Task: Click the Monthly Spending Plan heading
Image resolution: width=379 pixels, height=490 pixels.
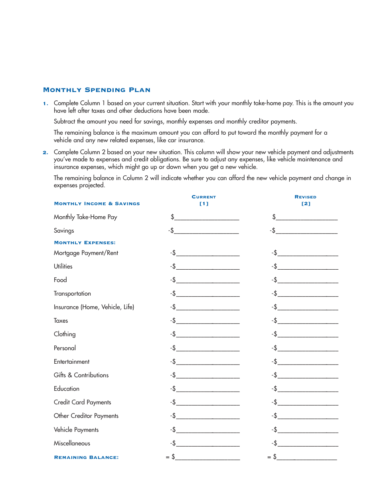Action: pyautogui.click(x=97, y=90)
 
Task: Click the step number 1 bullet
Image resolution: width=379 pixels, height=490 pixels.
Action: pyautogui.click(x=45, y=104)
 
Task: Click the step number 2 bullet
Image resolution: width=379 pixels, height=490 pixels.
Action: pyautogui.click(x=45, y=152)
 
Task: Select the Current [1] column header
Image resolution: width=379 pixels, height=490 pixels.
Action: pyautogui.click(x=204, y=200)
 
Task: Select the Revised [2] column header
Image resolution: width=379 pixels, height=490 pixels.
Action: pyautogui.click(x=306, y=200)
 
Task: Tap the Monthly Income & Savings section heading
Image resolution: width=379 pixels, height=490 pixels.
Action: pyautogui.click(x=97, y=204)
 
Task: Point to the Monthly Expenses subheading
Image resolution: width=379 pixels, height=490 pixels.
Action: pyautogui.click(x=85, y=243)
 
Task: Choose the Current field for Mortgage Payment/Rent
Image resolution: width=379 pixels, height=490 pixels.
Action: pyautogui.click(x=208, y=253)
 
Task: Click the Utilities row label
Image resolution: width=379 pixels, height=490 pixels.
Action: pyautogui.click(x=63, y=267)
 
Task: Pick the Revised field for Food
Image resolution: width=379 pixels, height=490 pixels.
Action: pyautogui.click(x=308, y=280)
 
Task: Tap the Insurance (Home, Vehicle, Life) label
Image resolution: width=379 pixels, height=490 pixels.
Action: pyautogui.click(x=94, y=307)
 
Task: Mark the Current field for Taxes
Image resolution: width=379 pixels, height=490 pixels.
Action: pyautogui.click(x=208, y=321)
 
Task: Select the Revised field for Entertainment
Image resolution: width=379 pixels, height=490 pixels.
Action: pyautogui.click(x=308, y=362)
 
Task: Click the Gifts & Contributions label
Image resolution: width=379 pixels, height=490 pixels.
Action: pyautogui.click(x=81, y=375)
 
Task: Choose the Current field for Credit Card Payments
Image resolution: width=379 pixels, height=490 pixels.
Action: pyautogui.click(x=208, y=402)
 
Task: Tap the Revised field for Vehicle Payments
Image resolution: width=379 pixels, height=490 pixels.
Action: pyautogui.click(x=308, y=430)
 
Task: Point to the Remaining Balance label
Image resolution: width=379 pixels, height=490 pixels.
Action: pyautogui.click(x=86, y=457)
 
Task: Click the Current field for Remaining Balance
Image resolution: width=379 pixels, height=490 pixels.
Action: pyautogui.click(x=207, y=457)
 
